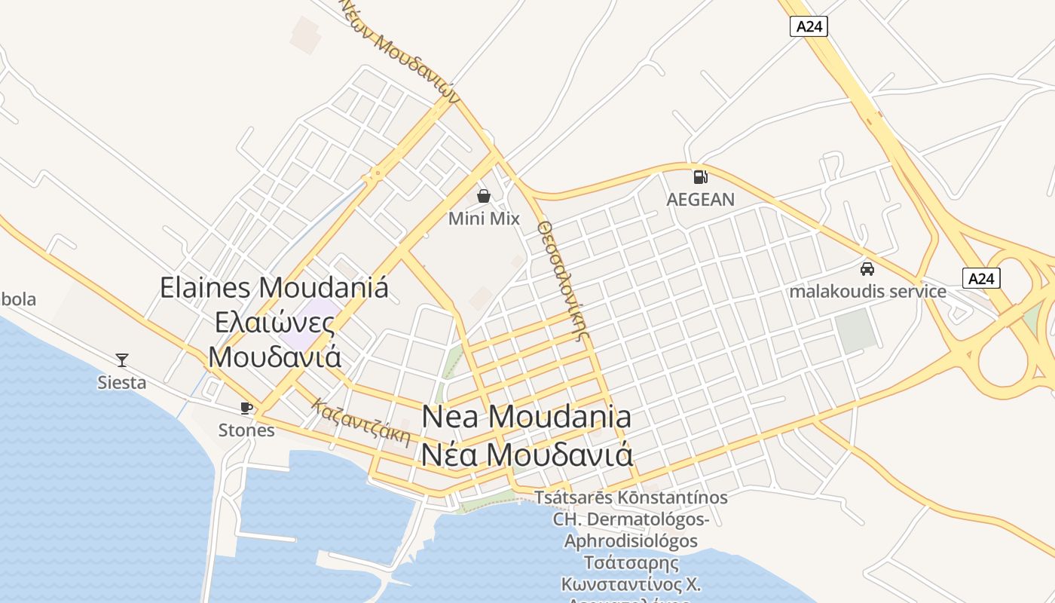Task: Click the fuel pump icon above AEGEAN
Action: (700, 177)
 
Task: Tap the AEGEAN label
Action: (700, 200)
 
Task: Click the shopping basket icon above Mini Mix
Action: (484, 196)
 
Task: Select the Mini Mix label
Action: (484, 219)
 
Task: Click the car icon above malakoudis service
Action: (867, 268)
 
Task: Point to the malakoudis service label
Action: (867, 291)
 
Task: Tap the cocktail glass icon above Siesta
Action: (122, 360)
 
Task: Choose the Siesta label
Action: (122, 382)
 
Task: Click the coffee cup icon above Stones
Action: (246, 408)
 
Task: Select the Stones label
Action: (246, 430)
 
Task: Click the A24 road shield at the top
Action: (809, 26)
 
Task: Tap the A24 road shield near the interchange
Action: (981, 278)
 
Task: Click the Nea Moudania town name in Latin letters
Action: (527, 417)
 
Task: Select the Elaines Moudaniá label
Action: (274, 287)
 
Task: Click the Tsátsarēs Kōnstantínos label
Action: (631, 497)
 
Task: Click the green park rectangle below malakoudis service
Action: (857, 331)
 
